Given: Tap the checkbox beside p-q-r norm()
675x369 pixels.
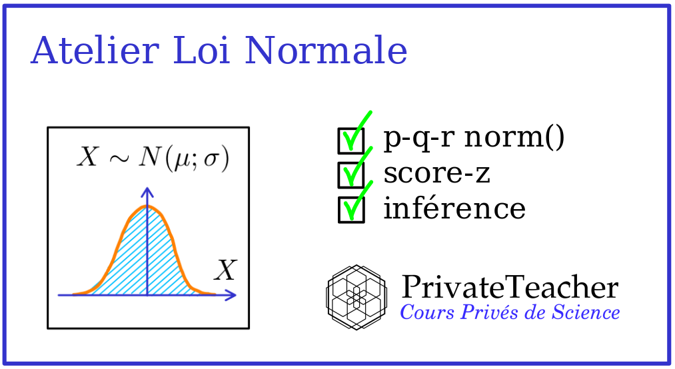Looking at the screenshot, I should coord(351,140).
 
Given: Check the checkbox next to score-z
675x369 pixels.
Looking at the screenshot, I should coord(351,175).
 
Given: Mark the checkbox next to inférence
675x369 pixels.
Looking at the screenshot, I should coord(351,209).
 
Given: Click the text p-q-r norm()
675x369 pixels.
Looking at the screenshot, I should coord(474,138).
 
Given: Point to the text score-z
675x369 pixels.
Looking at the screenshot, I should coord(437,173).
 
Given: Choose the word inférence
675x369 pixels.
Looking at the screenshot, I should coord(454,208).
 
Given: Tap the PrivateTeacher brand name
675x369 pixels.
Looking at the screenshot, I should coord(510,288).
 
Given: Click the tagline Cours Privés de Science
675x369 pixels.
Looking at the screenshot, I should coord(510,312).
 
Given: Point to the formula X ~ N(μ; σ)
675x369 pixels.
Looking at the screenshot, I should coord(153,159).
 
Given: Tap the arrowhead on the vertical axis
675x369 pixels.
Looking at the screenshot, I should coord(147,192).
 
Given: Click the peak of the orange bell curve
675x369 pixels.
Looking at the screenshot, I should coord(147,207).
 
